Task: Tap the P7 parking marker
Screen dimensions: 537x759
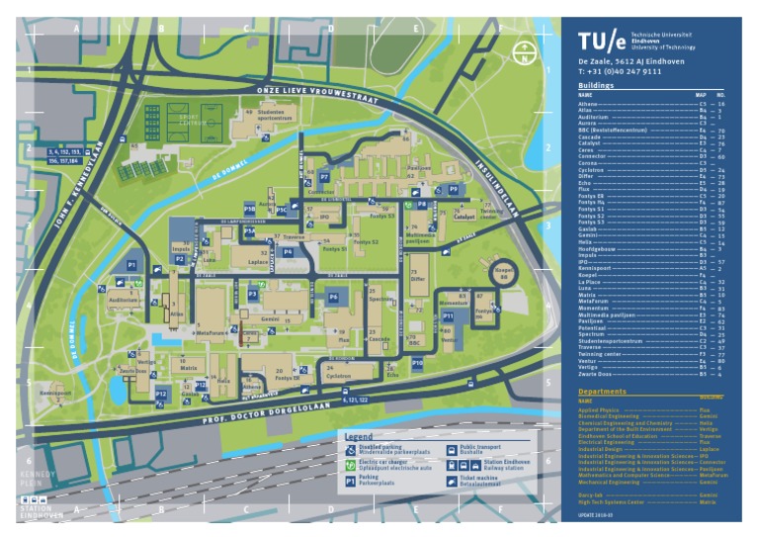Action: [x=323, y=177]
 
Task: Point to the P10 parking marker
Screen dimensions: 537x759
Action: [x=418, y=364]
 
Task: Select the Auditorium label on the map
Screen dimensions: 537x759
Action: [x=124, y=299]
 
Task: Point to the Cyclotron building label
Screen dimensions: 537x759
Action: [x=338, y=377]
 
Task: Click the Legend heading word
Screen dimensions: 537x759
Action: [x=358, y=436]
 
